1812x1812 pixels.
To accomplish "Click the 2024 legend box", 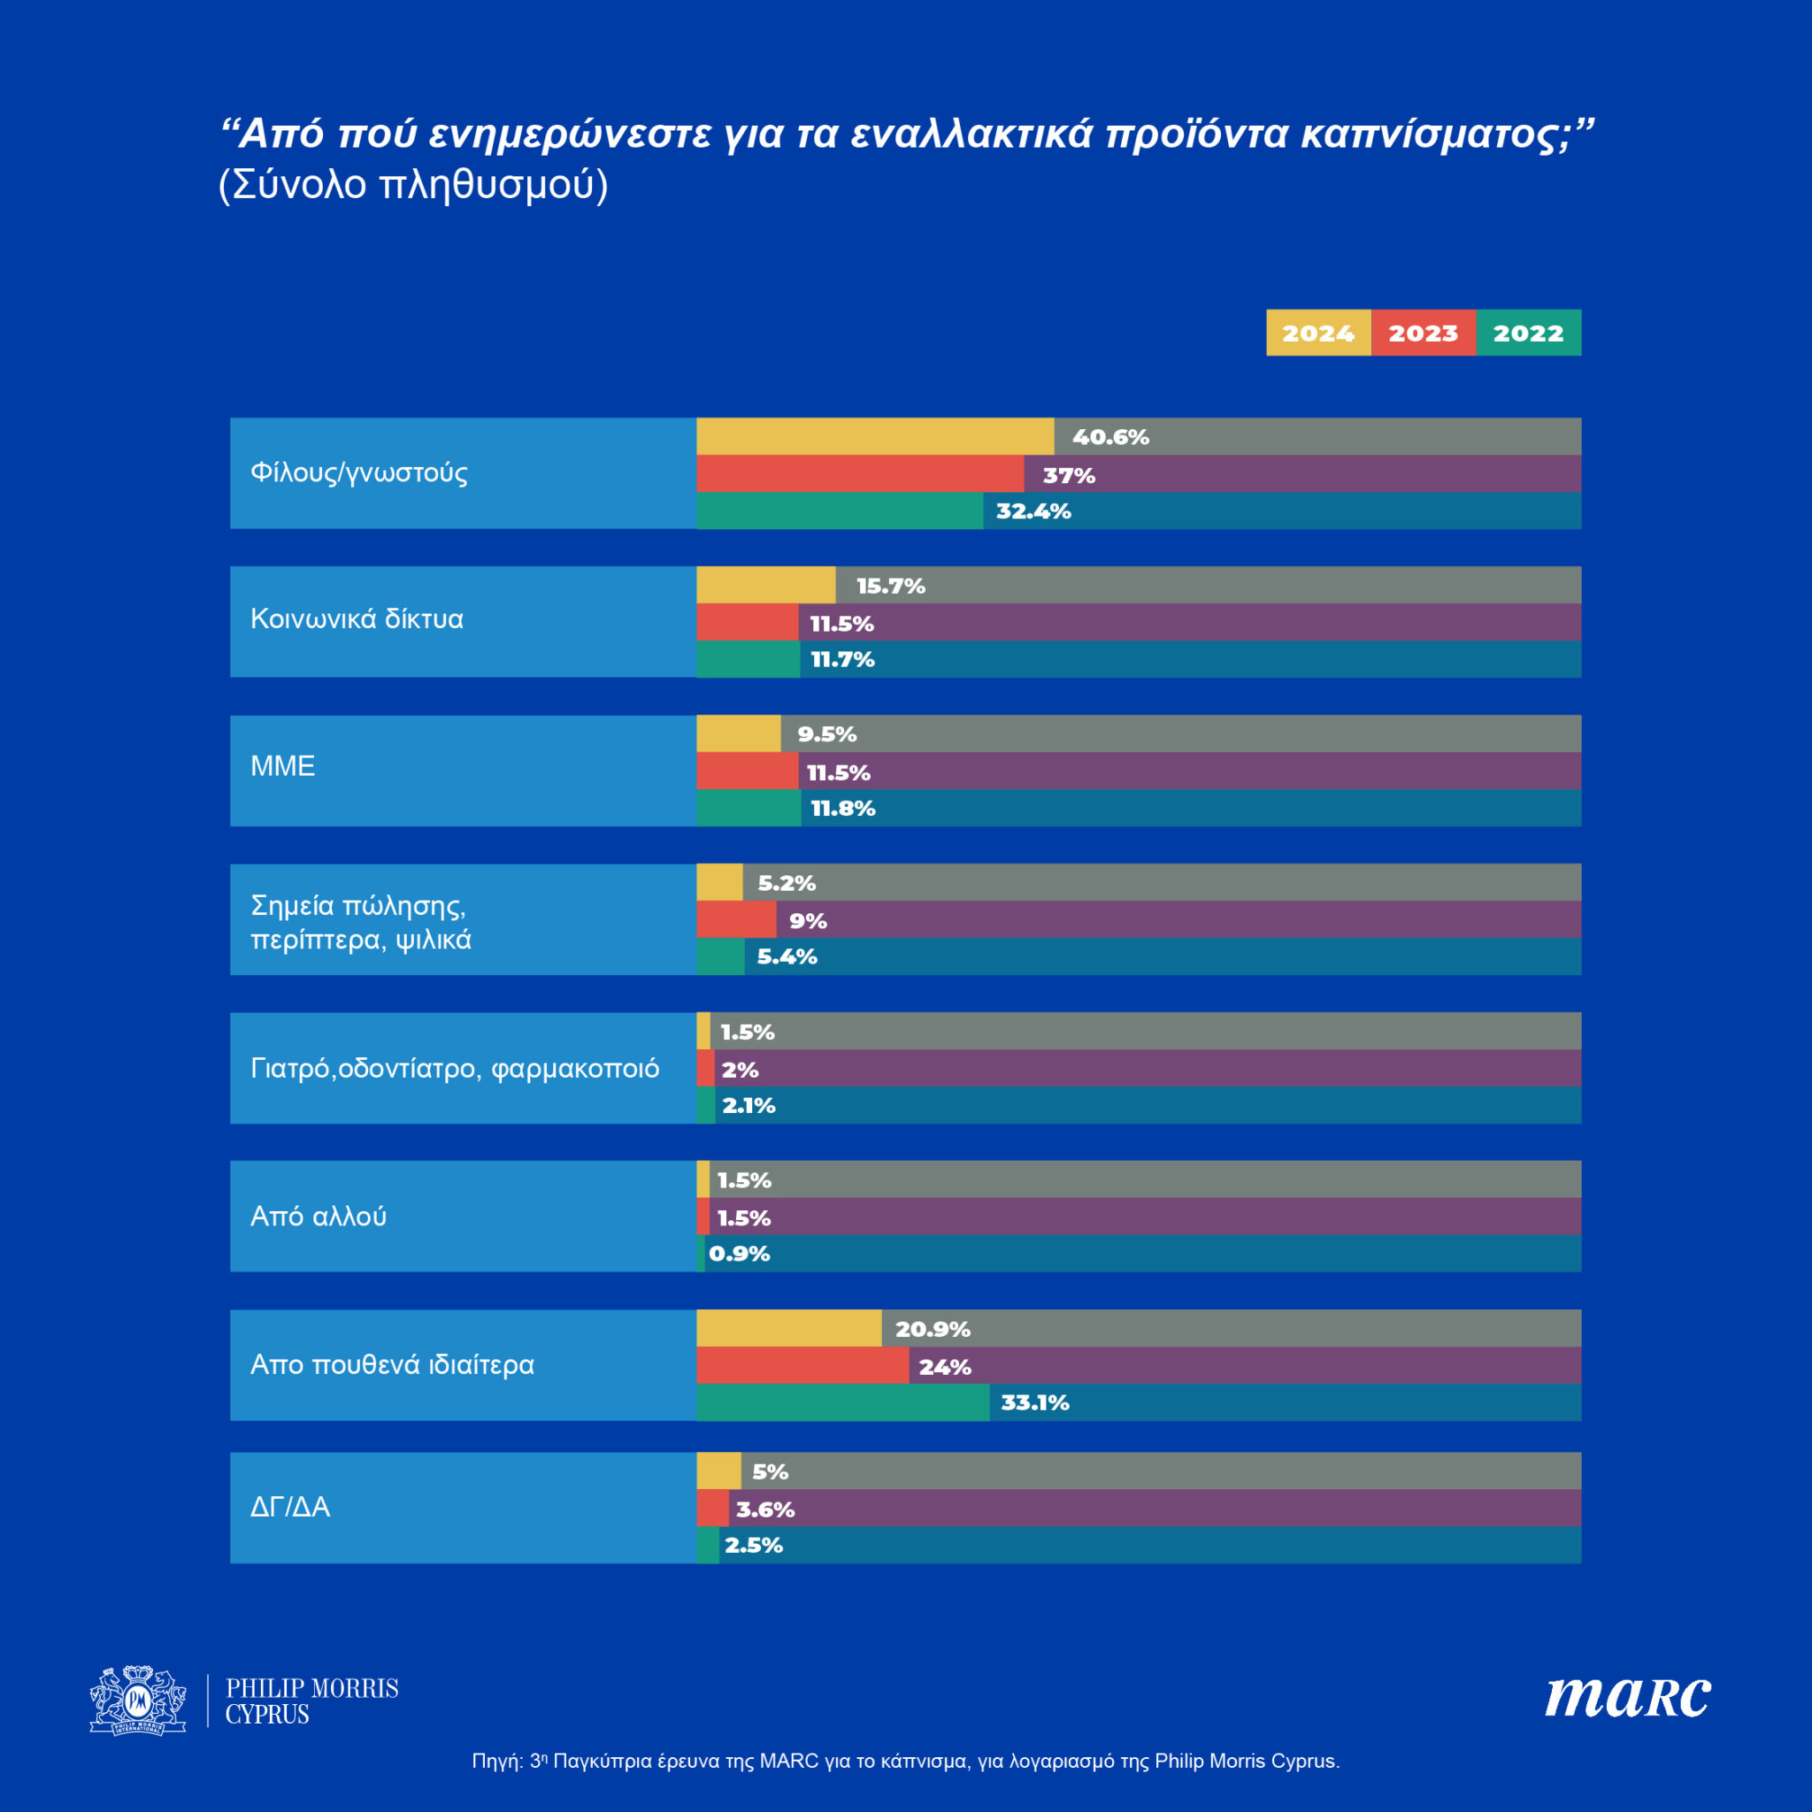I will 1317,333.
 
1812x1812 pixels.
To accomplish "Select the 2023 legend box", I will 1423,333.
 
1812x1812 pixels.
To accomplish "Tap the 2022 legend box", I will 1528,333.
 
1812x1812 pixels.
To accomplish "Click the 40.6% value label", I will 1110,437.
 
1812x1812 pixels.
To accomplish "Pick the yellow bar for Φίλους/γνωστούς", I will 874,436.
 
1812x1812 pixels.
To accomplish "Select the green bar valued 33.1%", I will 842,1402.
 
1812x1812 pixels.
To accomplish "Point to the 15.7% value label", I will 890,587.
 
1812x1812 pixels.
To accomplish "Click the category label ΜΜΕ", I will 282,766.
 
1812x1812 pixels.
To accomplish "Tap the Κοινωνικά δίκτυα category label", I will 357,619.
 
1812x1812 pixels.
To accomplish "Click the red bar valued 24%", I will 802,1365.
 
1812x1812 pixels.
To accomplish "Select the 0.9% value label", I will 739,1254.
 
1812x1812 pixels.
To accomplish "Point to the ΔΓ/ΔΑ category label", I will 290,1507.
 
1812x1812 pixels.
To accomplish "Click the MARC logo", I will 1627,1698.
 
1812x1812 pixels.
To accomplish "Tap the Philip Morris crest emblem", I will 138,1700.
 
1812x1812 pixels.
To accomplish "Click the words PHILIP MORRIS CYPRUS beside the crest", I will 311,1701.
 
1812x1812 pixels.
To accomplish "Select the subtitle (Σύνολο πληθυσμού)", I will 412,185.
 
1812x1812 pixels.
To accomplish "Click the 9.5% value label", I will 826,734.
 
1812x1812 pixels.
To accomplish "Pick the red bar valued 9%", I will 736,920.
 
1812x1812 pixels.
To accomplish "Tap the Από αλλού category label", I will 318,1217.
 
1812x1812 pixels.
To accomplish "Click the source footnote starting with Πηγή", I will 905,1761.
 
